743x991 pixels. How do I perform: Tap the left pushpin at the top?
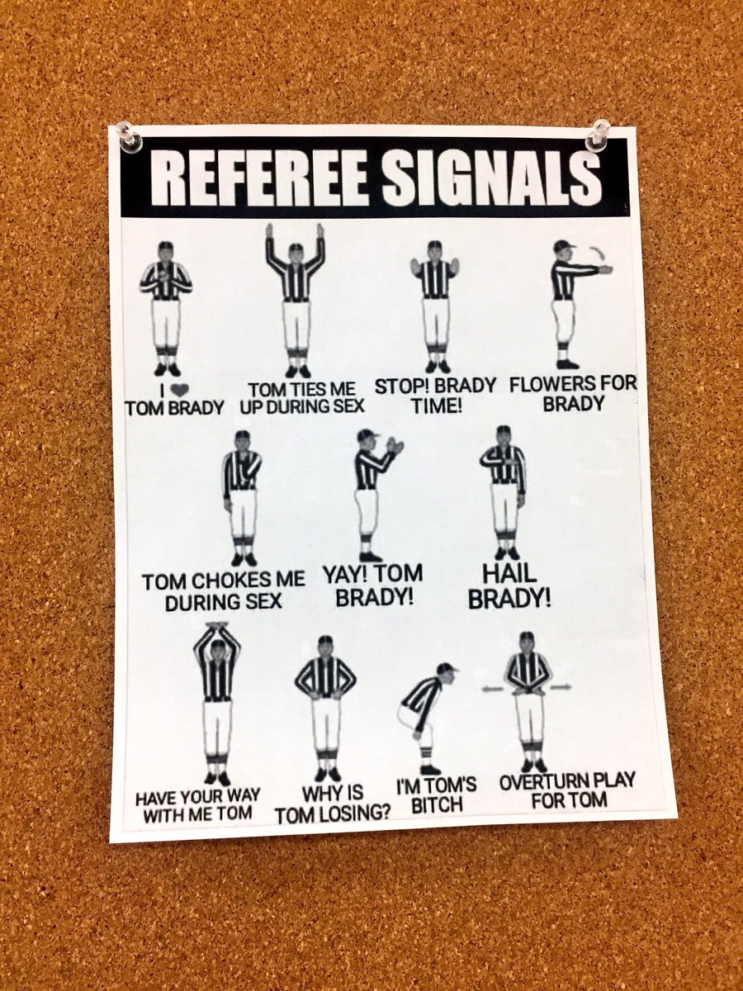[128, 136]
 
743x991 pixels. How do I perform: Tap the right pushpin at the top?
[597, 135]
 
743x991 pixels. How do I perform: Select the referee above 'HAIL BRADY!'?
[503, 491]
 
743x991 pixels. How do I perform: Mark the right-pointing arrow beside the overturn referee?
[562, 686]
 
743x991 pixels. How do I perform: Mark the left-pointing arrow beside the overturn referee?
[494, 686]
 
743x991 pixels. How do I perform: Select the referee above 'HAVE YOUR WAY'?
[217, 703]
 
